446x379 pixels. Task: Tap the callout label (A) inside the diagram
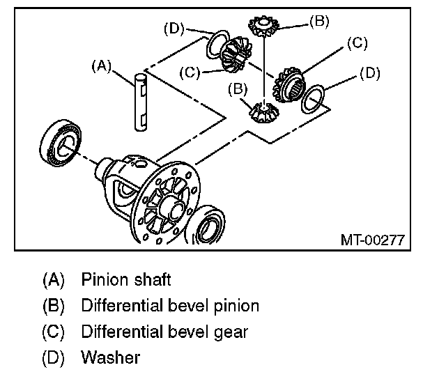click(x=102, y=66)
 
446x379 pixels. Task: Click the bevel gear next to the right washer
click(x=289, y=84)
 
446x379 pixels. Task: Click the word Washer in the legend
click(x=111, y=358)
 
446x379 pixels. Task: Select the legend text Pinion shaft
click(x=126, y=281)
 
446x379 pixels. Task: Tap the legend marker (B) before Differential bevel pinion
click(x=54, y=306)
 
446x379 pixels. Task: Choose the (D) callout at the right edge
click(x=371, y=72)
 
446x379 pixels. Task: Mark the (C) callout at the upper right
click(x=355, y=44)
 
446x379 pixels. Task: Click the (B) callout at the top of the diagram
click(x=318, y=22)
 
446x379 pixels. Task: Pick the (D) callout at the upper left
click(x=175, y=29)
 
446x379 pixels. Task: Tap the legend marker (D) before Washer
click(x=54, y=358)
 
